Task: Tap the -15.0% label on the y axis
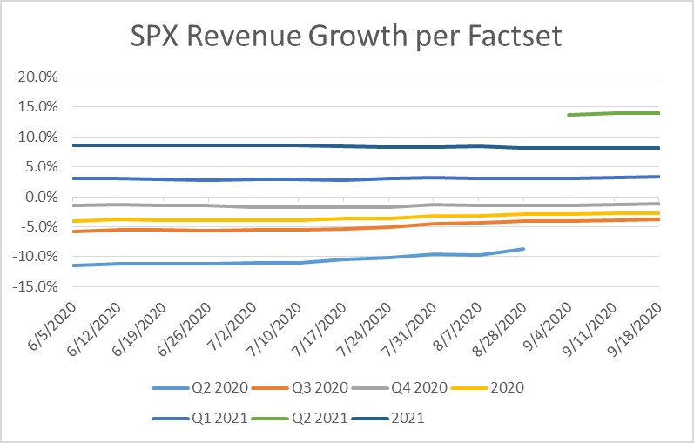[36, 286]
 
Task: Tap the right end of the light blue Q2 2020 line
[523, 249]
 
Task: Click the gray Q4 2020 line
[348, 207]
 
